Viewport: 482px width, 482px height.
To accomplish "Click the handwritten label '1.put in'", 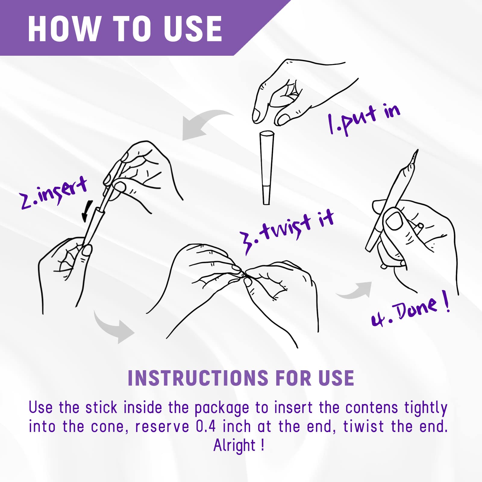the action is pos(364,119).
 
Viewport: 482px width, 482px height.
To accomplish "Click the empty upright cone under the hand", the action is pos(267,167).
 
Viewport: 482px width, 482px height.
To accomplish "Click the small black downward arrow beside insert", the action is pos(87,211).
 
